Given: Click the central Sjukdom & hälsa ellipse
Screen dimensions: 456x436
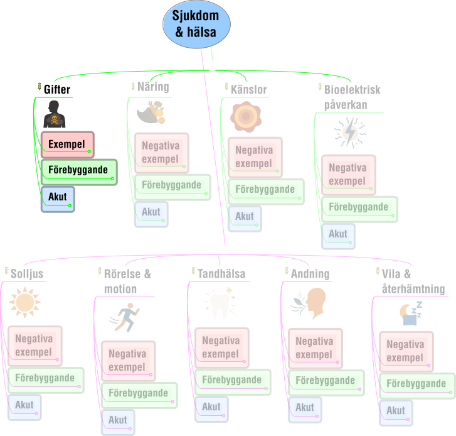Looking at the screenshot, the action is click(196, 24).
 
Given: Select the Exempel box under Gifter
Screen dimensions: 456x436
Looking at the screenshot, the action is click(68, 144).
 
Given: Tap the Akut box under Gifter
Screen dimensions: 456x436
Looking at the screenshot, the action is click(58, 199).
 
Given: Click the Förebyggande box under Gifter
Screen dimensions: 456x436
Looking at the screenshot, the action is click(79, 172).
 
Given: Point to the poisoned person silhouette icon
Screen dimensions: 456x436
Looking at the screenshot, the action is click(55, 114).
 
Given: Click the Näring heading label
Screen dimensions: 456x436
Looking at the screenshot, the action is click(153, 87).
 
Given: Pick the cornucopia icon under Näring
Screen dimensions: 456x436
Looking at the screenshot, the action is click(151, 112).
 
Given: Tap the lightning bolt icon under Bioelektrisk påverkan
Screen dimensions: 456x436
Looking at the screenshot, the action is click(350, 133).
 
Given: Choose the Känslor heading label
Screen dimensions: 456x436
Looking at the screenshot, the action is click(248, 89).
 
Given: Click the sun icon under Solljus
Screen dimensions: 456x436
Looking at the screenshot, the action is click(24, 302).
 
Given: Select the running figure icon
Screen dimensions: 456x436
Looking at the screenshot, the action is click(125, 317).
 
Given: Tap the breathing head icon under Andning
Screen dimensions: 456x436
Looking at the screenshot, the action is click(308, 303).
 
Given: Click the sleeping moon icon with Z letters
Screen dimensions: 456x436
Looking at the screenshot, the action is click(411, 313).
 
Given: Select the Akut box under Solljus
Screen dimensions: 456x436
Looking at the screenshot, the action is click(24, 407).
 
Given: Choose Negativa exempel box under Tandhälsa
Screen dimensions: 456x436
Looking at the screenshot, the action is click(222, 348).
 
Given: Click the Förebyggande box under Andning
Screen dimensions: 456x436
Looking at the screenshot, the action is click(326, 383).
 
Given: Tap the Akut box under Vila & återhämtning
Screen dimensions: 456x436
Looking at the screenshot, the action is click(396, 413).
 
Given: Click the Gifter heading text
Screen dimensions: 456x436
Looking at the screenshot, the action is click(57, 89).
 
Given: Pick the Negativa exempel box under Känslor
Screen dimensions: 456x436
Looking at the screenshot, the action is click(255, 157).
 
